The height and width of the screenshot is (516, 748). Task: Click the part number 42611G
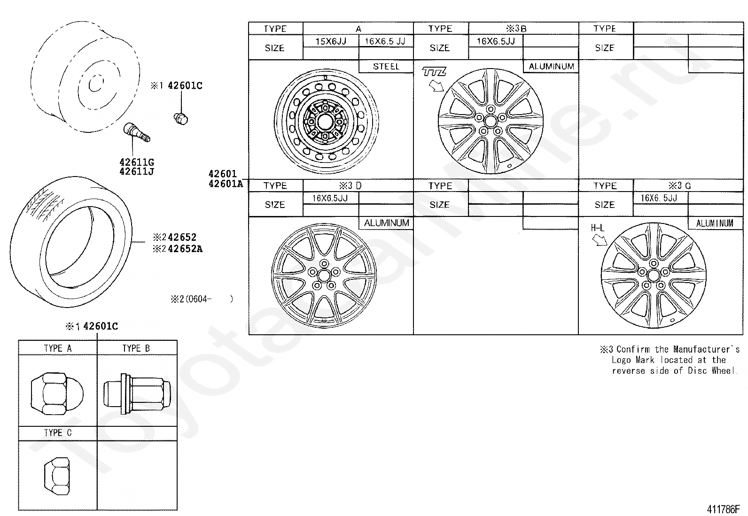(137, 162)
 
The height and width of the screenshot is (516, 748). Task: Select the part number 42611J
(137, 171)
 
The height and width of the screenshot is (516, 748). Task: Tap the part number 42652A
(185, 249)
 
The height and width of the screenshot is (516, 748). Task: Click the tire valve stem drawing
(137, 132)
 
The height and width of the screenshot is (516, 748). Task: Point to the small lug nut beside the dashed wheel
(181, 118)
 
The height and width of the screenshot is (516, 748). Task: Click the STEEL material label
(386, 66)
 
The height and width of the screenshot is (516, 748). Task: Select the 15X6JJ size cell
(331, 41)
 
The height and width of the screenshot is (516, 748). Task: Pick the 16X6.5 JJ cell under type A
(385, 41)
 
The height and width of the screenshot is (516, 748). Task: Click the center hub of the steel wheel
(325, 122)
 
